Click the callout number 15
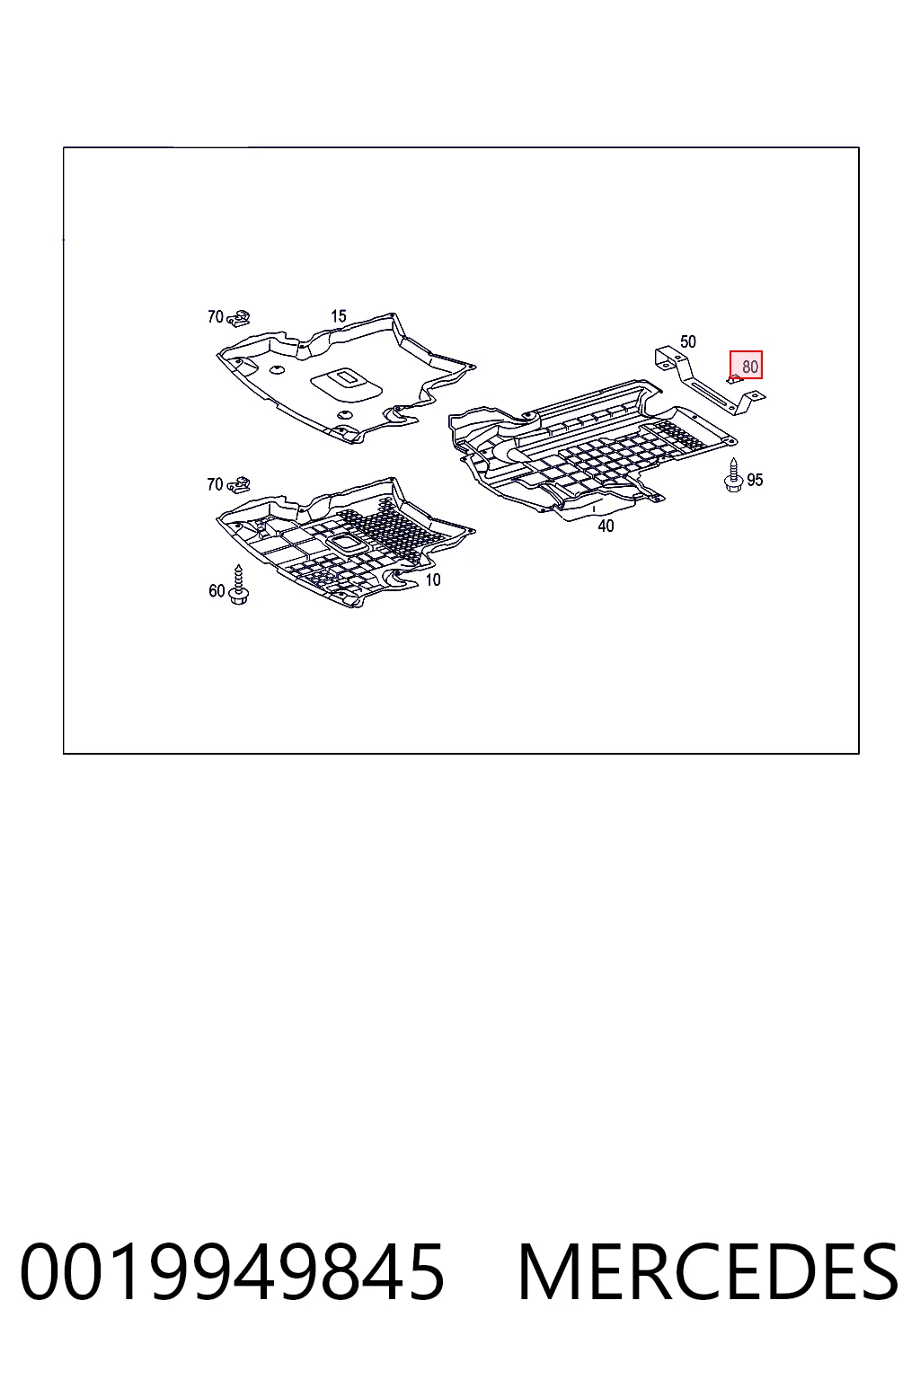tap(339, 316)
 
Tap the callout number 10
tap(433, 579)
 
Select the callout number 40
tap(606, 526)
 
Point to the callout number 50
tap(687, 341)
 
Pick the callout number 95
tap(755, 480)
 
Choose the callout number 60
tap(217, 591)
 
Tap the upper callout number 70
tap(215, 316)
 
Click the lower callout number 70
tap(215, 485)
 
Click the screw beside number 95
tap(733, 475)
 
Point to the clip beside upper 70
tap(238, 318)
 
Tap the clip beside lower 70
tap(238, 485)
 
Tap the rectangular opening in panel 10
tap(349, 544)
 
